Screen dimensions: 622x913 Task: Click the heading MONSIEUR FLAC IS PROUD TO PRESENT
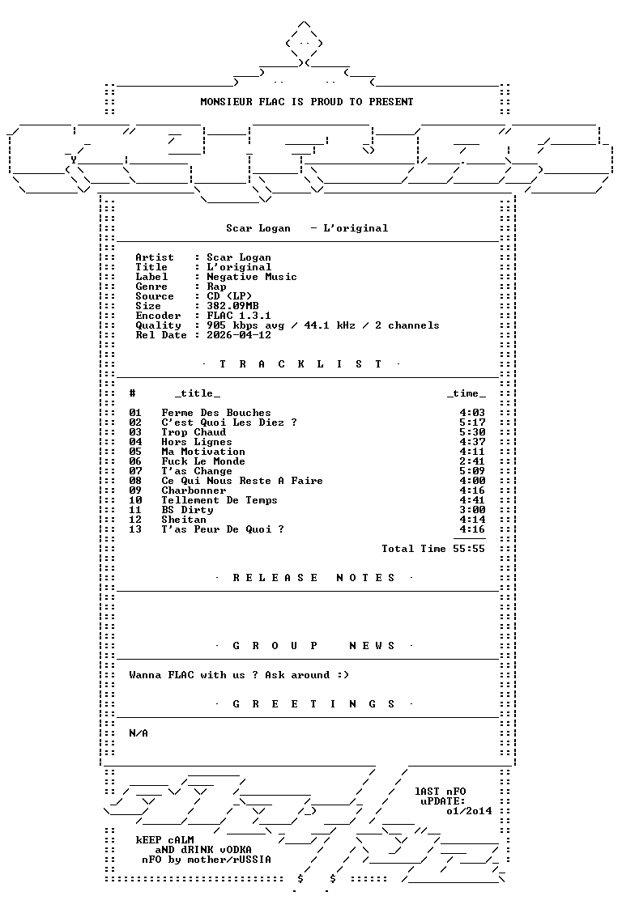click(x=307, y=102)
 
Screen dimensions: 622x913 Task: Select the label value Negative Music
click(x=252, y=277)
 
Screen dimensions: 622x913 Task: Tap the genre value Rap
click(x=216, y=287)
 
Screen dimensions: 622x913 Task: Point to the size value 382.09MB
click(x=232, y=306)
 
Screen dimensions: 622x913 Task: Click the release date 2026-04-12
click(x=239, y=335)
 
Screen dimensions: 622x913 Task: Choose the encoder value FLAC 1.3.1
click(x=239, y=316)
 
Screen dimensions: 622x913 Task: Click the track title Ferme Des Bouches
click(x=216, y=413)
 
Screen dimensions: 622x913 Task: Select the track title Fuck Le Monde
click(x=203, y=461)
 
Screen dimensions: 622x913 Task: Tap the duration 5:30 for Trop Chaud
click(x=472, y=433)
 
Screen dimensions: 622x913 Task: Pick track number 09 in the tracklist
click(x=135, y=490)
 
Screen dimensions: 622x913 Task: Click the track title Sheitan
click(x=184, y=520)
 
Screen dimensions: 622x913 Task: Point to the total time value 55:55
click(x=469, y=549)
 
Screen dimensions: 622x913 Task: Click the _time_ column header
click(x=466, y=394)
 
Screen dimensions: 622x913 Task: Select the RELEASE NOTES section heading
click(x=313, y=578)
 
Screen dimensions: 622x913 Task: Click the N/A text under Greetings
click(x=138, y=733)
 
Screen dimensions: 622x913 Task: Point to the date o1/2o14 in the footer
click(x=469, y=811)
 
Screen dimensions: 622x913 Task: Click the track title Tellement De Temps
click(x=219, y=501)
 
